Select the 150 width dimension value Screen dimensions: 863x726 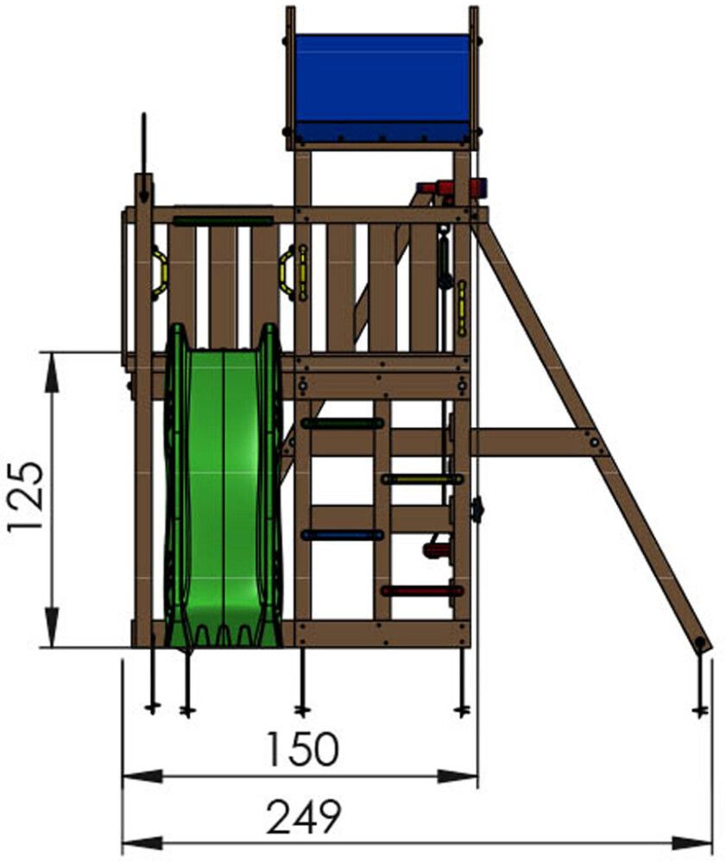coord(301,749)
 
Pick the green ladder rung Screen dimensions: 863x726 coord(343,424)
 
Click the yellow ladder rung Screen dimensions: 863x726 coord(422,479)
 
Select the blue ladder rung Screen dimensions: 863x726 coord(343,535)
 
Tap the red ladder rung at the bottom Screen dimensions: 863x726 coord(422,591)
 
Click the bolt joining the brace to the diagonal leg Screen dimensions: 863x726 coord(595,443)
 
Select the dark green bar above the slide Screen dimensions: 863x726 coord(222,221)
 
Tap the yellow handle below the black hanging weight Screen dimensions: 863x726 coord(462,308)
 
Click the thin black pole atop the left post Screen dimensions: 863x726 coord(144,142)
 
